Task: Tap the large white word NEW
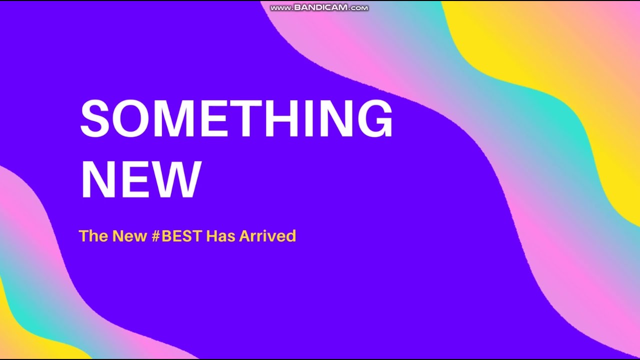pyautogui.click(x=141, y=180)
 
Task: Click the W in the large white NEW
pyautogui.click(x=174, y=180)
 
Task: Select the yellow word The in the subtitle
pyautogui.click(x=93, y=235)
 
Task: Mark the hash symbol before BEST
pyautogui.click(x=156, y=235)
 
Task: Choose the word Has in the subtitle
pyautogui.click(x=220, y=235)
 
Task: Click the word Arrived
pyautogui.click(x=267, y=235)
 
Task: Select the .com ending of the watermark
pyautogui.click(x=359, y=8)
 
